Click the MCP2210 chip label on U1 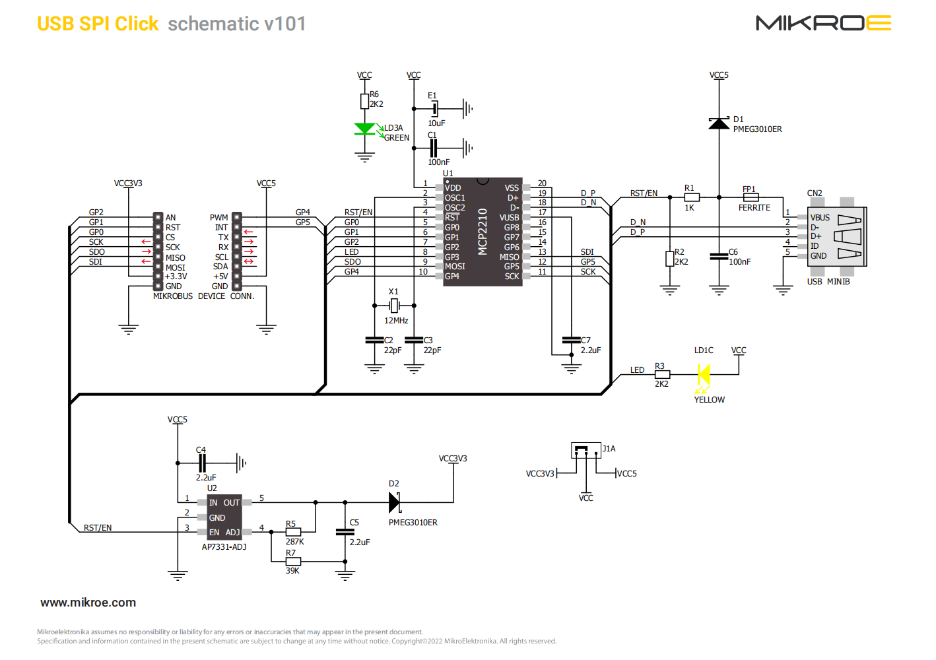click(x=483, y=231)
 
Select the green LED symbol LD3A click(x=364, y=129)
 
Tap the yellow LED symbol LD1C click(x=704, y=375)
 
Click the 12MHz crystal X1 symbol click(x=394, y=306)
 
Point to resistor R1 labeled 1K click(x=691, y=197)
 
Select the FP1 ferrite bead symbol click(x=751, y=197)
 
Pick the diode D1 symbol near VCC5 click(x=719, y=123)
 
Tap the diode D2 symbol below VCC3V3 click(x=394, y=503)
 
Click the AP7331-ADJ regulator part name click(x=224, y=547)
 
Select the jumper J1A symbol click(x=585, y=451)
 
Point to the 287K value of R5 click(x=294, y=542)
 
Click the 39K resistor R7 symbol click(x=293, y=562)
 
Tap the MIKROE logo click(x=823, y=24)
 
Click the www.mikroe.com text click(x=88, y=603)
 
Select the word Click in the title click(x=137, y=24)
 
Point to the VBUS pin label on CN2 click(x=820, y=218)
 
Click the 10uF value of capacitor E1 click(x=436, y=123)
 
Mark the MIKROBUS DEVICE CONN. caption click(x=203, y=296)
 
